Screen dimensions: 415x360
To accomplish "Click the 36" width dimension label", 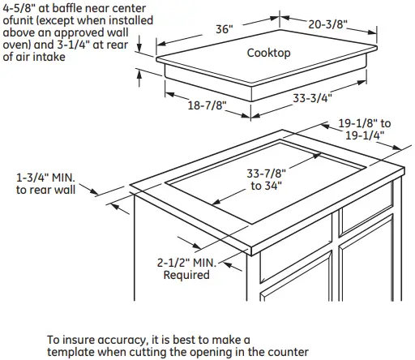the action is click(225, 29).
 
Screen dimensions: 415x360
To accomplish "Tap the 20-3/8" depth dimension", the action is click(327, 24).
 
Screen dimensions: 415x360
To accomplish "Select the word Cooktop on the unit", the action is click(268, 53).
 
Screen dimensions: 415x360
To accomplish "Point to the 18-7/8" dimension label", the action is click(207, 105).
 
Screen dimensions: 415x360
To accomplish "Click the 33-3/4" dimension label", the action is click(312, 98).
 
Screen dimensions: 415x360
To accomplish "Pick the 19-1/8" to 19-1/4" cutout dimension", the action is click(365, 129).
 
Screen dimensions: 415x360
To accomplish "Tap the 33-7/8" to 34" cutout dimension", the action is click(266, 179).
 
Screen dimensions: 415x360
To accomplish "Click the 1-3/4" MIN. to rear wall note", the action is click(45, 184).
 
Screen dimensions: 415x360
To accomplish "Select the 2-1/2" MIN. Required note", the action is click(186, 268).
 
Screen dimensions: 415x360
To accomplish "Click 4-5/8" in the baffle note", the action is click(19, 8).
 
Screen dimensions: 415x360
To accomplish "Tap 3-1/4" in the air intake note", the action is click(74, 45).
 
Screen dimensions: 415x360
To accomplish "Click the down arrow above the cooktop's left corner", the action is click(139, 44).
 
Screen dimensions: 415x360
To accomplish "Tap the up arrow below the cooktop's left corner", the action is click(139, 78).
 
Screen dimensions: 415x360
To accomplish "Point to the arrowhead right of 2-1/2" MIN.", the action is click(229, 265).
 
